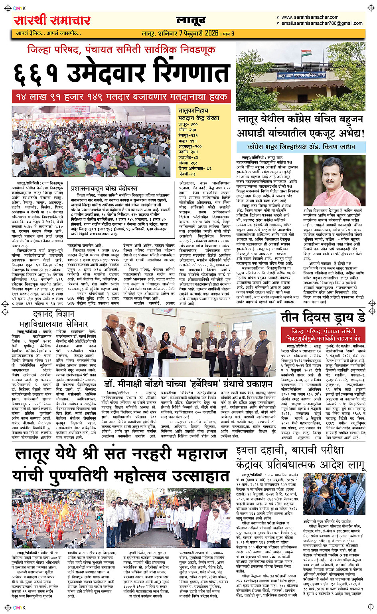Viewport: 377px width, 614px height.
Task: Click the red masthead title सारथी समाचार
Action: (x=52, y=20)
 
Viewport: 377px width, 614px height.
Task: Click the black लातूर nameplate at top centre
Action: (x=191, y=20)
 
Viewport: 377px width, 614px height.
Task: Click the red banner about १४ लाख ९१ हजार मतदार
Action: (x=121, y=97)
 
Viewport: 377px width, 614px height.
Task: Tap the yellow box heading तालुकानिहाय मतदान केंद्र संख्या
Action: (x=199, y=115)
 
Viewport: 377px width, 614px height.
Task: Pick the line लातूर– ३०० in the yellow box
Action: (x=188, y=125)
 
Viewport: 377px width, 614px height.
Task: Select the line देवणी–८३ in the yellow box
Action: (x=187, y=174)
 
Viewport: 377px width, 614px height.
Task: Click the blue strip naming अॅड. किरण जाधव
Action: (x=301, y=147)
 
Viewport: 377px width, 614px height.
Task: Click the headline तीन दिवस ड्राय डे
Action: (x=323, y=317)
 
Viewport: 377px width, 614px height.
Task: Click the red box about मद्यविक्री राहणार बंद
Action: (x=323, y=335)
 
